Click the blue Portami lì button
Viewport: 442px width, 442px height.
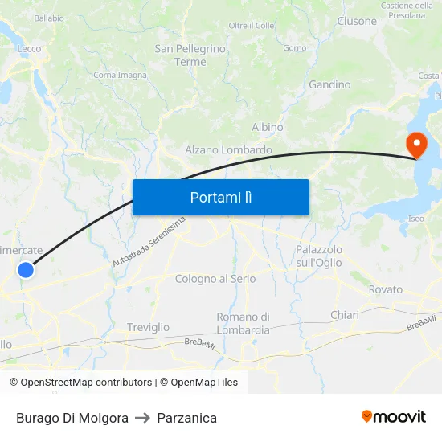click(x=221, y=197)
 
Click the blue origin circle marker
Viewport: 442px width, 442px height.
click(x=26, y=270)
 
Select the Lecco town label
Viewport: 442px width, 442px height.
click(x=29, y=49)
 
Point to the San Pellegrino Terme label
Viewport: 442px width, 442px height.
click(x=190, y=55)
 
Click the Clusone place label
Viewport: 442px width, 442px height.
click(x=357, y=21)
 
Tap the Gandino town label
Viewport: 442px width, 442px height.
click(x=329, y=84)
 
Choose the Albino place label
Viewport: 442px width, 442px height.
click(x=268, y=128)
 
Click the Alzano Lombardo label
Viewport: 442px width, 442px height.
click(x=228, y=150)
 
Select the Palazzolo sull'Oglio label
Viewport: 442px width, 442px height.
click(x=319, y=256)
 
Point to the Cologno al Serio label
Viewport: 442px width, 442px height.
click(x=215, y=279)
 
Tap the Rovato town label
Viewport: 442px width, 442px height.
click(x=386, y=289)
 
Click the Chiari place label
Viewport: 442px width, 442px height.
click(x=345, y=315)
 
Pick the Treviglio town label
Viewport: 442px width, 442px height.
click(x=149, y=327)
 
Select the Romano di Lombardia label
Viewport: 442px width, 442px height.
click(x=244, y=323)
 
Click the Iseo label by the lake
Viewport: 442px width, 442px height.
click(x=416, y=219)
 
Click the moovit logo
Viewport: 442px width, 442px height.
click(x=393, y=416)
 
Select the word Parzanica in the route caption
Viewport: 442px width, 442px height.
click(x=187, y=418)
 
